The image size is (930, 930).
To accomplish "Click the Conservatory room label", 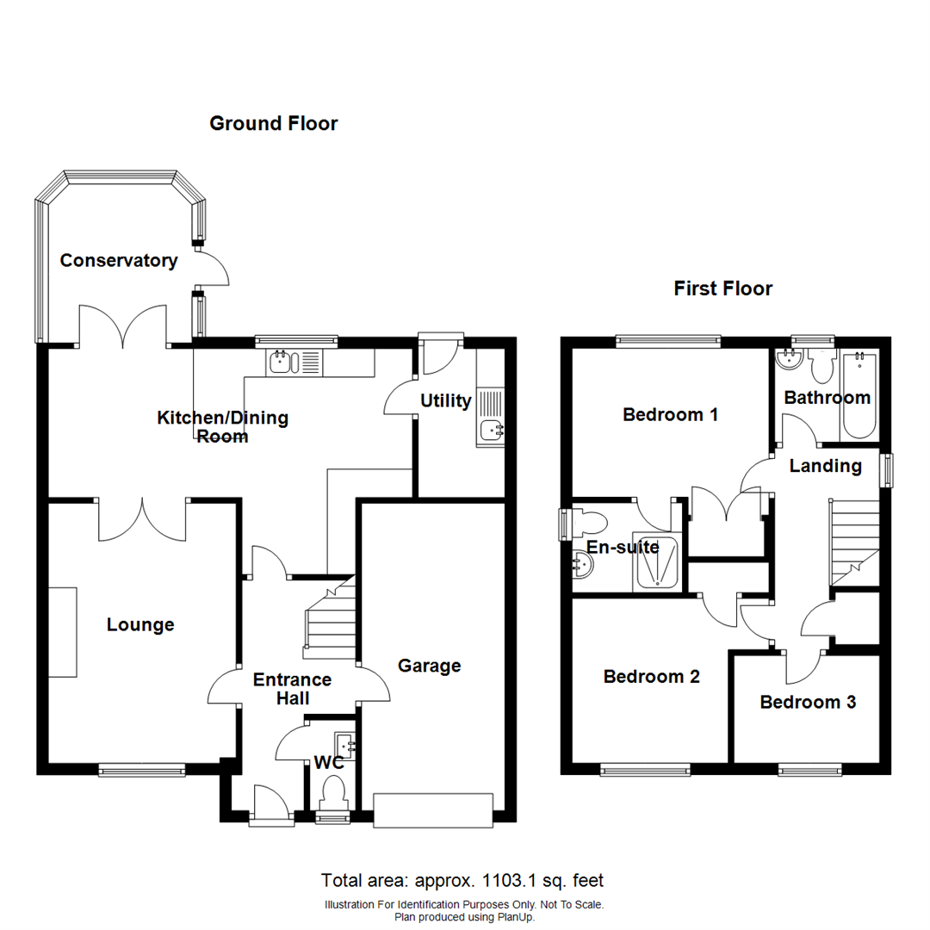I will pyautogui.click(x=119, y=260).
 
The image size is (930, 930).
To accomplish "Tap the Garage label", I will pyautogui.click(x=430, y=666).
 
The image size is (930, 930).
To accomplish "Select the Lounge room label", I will pyautogui.click(x=140, y=625).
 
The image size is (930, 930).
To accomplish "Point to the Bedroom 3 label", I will pyautogui.click(x=808, y=703).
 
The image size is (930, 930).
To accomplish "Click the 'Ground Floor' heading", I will pyautogui.click(x=274, y=124).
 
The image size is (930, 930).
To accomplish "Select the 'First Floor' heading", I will pyautogui.click(x=723, y=288).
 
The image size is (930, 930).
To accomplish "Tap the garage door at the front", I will pyautogui.click(x=433, y=811).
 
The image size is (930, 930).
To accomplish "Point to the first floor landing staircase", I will pyautogui.click(x=852, y=542).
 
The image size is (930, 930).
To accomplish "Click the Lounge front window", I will pyautogui.click(x=141, y=769).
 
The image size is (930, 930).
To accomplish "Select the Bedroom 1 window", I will pyautogui.click(x=668, y=341).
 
